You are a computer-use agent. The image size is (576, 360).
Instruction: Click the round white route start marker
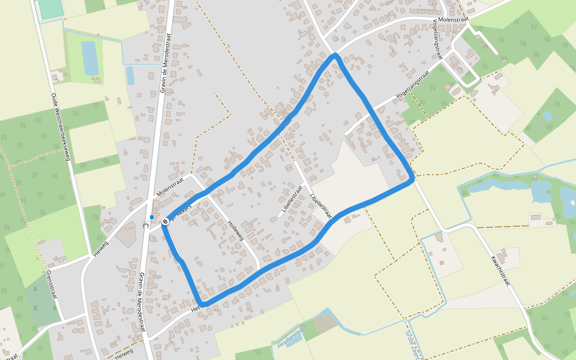click(x=165, y=221)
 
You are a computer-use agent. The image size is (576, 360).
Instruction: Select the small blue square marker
click(x=152, y=217)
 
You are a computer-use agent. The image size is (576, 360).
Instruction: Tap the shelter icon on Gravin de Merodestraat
click(x=145, y=224)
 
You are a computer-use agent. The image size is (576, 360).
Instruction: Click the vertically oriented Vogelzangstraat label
click(x=436, y=37)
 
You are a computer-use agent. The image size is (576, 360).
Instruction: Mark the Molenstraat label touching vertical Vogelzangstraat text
click(x=453, y=20)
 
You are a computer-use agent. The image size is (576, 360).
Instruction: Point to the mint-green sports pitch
click(x=50, y=8)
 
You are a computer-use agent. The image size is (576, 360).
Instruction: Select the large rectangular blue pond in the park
click(x=90, y=58)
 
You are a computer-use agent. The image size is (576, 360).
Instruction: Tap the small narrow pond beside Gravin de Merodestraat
click(x=130, y=76)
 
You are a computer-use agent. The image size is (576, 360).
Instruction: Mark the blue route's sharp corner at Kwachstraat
click(x=412, y=178)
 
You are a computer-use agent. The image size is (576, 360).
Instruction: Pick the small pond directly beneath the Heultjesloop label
click(x=295, y=343)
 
